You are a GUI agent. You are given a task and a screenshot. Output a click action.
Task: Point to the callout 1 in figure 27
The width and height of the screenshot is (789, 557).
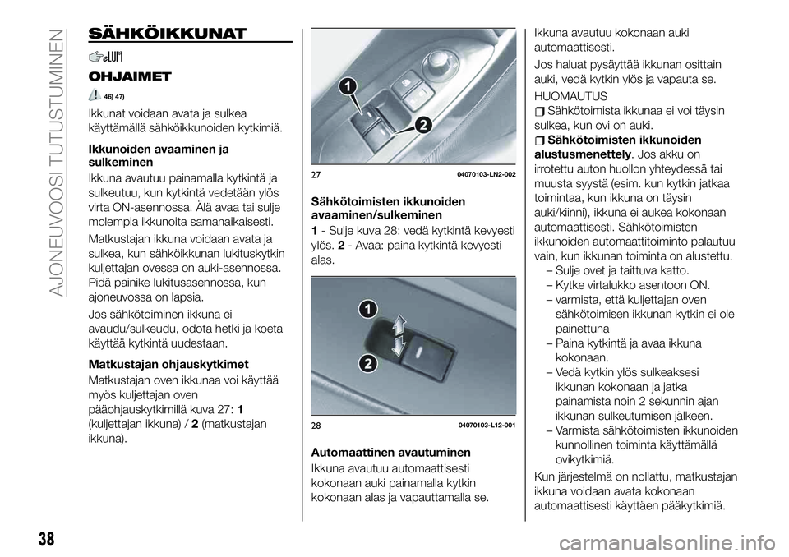(351, 85)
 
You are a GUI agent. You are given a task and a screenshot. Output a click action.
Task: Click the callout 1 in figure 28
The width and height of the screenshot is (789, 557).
(367, 310)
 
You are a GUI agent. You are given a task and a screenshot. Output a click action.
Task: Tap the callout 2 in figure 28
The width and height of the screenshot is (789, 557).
(367, 362)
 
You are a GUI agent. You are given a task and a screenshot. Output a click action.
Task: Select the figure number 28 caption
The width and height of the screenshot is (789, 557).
(316, 425)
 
